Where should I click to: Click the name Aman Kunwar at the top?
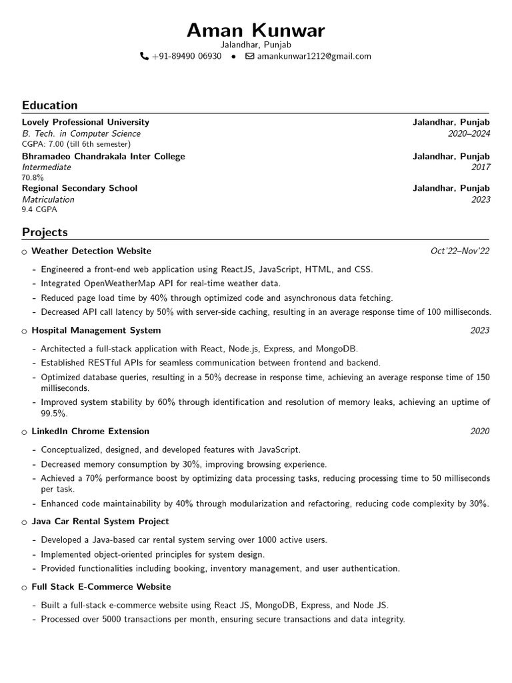[x=256, y=30]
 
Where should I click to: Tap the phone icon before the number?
[x=144, y=57]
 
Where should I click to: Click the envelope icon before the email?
[x=250, y=57]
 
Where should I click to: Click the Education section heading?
[x=49, y=105]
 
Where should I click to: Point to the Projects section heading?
[x=45, y=232]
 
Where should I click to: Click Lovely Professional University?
[x=85, y=122]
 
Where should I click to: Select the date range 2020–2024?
[x=469, y=133]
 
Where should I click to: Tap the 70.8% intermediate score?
[x=33, y=177]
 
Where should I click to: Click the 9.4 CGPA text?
[x=39, y=209]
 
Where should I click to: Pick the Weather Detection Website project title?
[x=91, y=251]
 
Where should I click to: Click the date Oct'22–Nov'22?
[x=460, y=251]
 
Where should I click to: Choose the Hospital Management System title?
[x=96, y=330]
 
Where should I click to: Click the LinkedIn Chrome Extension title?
[x=90, y=431]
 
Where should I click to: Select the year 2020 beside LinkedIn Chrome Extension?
[x=479, y=431]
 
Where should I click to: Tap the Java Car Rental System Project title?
[x=100, y=521]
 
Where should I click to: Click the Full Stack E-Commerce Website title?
[x=101, y=586]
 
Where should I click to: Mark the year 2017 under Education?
[x=479, y=167]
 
